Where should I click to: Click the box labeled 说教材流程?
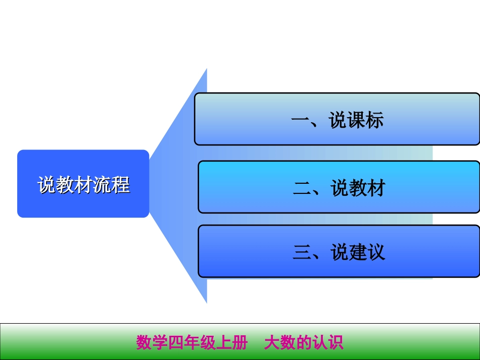coord(83,184)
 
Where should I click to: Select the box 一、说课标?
coord(337,119)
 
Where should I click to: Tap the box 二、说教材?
coord(339,187)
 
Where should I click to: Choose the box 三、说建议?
coord(339,251)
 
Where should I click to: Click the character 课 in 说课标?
coord(356,120)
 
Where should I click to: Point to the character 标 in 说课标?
coord(375,120)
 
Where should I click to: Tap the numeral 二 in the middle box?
coord(302,188)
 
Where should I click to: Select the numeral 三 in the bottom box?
coord(302,252)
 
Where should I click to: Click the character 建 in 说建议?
coord(358,252)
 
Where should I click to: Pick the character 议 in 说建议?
coord(376,252)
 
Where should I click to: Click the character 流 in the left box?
coord(103,185)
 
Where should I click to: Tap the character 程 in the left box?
coord(121,185)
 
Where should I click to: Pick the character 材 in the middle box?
coord(376,188)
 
